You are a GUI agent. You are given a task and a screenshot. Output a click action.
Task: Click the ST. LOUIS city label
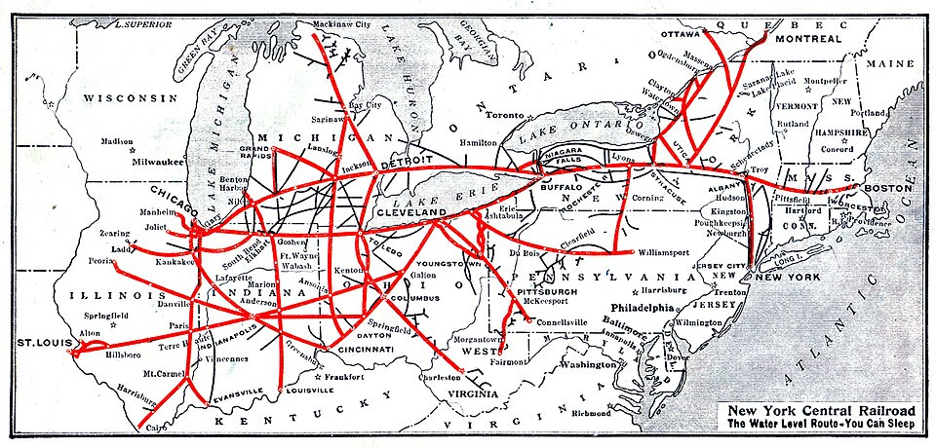[x=44, y=342]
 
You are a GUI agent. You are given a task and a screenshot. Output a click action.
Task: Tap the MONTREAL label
[x=808, y=39]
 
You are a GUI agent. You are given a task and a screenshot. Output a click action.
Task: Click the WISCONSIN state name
[x=133, y=98]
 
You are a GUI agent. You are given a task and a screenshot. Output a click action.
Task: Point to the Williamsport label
[x=671, y=252]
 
